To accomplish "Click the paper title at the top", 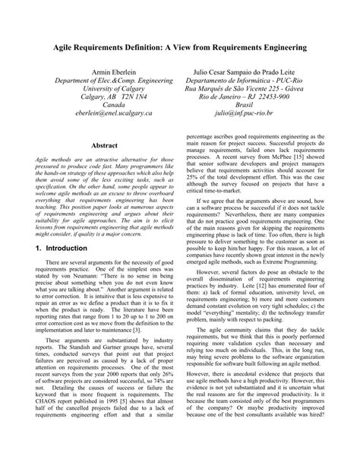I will tap(180, 47).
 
